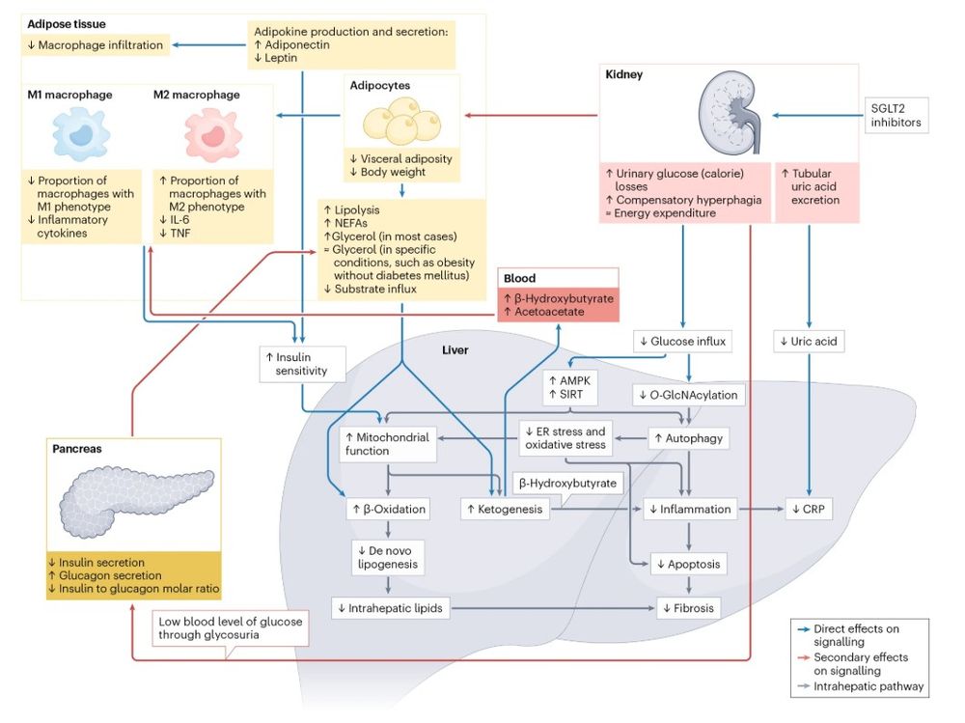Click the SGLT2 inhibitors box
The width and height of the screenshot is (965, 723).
pos(896,116)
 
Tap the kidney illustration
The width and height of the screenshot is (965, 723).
pos(732,114)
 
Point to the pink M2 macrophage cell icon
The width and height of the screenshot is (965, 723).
pos(208,134)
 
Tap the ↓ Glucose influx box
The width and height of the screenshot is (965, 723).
pos(682,342)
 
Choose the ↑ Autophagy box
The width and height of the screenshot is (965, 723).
pos(687,438)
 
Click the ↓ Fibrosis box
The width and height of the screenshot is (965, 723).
pos(688,608)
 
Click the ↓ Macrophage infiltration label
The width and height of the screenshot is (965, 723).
pos(96,43)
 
